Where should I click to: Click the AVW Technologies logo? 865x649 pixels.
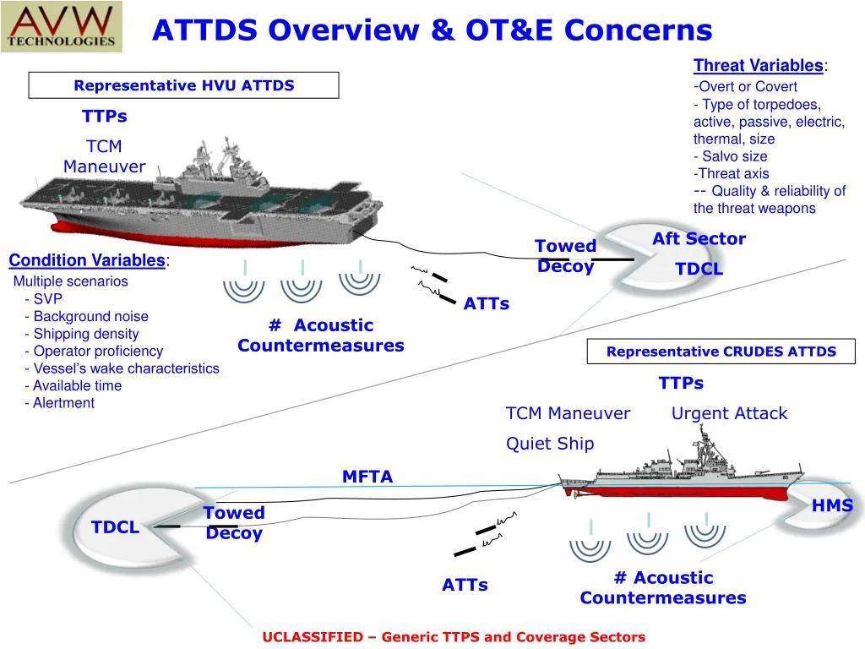[62, 26]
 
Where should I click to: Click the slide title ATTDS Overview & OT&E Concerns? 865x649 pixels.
[432, 30]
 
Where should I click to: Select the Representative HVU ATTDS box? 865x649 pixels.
[183, 85]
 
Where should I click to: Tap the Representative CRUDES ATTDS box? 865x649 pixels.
[721, 352]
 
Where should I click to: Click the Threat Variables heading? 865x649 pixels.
[758, 66]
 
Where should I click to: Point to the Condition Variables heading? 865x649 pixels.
[87, 260]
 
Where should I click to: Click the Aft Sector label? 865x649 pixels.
[699, 239]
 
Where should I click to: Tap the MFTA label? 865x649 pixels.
[367, 477]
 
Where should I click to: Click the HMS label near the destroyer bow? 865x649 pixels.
[832, 506]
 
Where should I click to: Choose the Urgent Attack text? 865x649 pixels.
[729, 413]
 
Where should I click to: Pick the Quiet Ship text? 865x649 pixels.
[550, 444]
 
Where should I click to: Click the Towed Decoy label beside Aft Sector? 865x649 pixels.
[565, 256]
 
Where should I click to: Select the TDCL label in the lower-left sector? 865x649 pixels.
[115, 527]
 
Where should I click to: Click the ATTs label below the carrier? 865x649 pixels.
[486, 303]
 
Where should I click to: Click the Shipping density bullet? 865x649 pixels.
[82, 334]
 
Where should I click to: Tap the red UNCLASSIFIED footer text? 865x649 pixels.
[454, 636]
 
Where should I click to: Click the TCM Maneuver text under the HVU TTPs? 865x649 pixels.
[105, 157]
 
